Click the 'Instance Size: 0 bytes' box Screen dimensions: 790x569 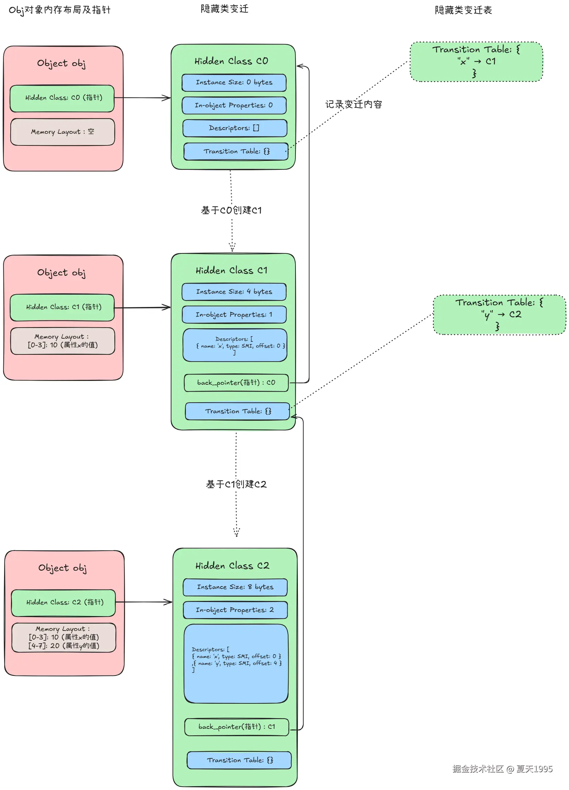point(234,83)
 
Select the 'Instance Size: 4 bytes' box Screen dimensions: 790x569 point(234,292)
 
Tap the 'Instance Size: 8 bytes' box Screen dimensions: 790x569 point(235,587)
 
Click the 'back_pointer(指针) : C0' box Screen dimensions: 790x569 point(236,383)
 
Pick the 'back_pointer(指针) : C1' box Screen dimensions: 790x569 point(237,727)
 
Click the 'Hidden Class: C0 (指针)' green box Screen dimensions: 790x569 point(62,98)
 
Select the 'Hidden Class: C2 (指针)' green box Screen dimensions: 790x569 point(63,603)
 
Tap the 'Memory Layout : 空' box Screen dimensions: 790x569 point(62,132)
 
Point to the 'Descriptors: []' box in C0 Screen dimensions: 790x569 point(235,128)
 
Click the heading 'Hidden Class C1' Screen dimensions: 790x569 point(232,271)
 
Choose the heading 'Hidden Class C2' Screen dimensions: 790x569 point(232,566)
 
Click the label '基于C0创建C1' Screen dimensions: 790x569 point(231,210)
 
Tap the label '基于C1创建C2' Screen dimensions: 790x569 point(236,484)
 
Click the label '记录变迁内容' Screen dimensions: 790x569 point(354,105)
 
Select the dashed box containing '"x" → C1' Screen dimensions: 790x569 point(476,62)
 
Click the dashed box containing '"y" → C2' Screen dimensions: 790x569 point(499,315)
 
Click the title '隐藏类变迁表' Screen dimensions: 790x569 point(463,10)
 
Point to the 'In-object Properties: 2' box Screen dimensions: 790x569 point(235,610)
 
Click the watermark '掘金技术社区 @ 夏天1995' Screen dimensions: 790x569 point(502,769)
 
